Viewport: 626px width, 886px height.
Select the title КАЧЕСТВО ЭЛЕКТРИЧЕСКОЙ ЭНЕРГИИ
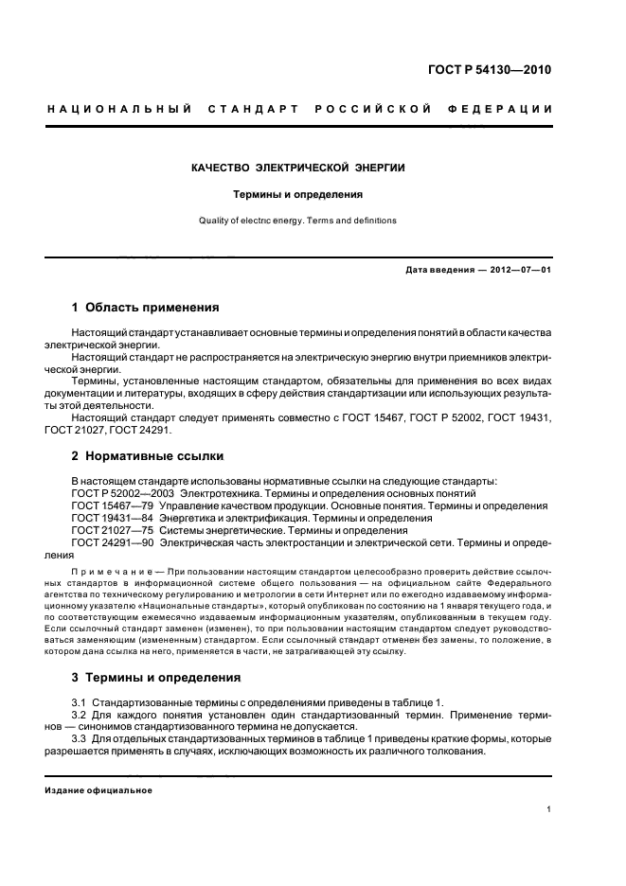298,168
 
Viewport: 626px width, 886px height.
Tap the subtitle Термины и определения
298,194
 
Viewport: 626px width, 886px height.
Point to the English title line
298,221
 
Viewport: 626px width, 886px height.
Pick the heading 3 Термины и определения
156,678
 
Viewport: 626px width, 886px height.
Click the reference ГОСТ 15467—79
104,506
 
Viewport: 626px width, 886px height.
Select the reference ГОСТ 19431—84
104,519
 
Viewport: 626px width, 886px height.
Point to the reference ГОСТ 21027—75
104,531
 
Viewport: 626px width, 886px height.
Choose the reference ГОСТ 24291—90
104,543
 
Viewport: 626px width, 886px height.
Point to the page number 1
548,809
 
